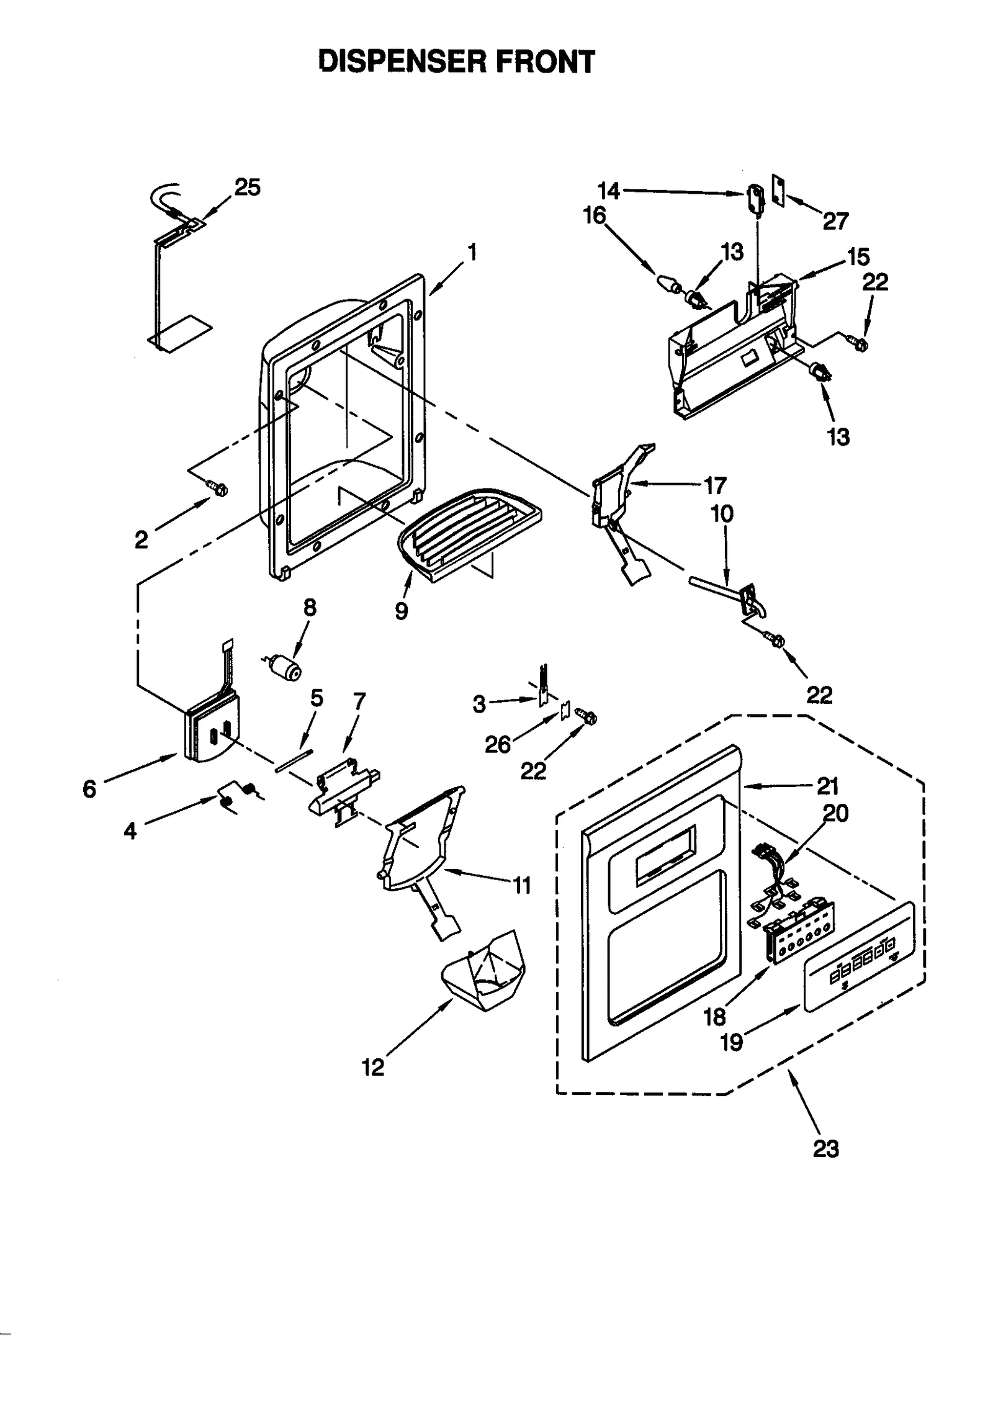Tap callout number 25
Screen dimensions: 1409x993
(247, 187)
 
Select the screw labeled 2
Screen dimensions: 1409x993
(218, 489)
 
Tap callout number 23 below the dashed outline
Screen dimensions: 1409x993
(825, 1148)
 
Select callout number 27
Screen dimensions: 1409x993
(835, 220)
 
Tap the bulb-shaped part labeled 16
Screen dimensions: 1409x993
(667, 286)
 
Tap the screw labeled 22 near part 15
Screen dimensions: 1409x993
(859, 342)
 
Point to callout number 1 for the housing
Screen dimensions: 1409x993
(473, 252)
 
